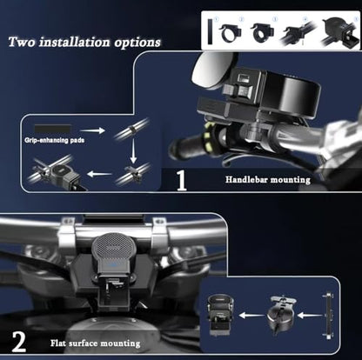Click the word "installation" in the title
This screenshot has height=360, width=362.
click(x=75, y=42)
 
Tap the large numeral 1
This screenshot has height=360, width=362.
click(x=182, y=180)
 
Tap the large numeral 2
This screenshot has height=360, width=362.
click(x=19, y=342)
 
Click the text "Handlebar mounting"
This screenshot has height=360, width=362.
click(x=268, y=180)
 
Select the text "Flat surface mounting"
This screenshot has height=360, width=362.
click(x=96, y=343)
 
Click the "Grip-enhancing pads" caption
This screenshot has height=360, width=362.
click(x=55, y=140)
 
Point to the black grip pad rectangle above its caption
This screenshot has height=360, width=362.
click(x=52, y=129)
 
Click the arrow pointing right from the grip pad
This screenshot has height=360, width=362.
click(x=92, y=130)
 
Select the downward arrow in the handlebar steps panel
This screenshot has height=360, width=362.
click(x=133, y=151)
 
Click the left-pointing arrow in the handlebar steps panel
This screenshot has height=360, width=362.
click(x=99, y=174)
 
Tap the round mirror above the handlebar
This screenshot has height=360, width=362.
click(x=212, y=70)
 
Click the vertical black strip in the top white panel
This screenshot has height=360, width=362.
click(x=210, y=31)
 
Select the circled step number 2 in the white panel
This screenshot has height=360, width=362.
click(x=241, y=20)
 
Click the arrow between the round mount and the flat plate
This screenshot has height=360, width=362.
click(x=310, y=315)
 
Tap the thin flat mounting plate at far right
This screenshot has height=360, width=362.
click(x=328, y=316)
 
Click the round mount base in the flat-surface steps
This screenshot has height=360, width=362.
click(x=280, y=315)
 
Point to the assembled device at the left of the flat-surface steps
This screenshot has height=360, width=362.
click(x=221, y=315)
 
